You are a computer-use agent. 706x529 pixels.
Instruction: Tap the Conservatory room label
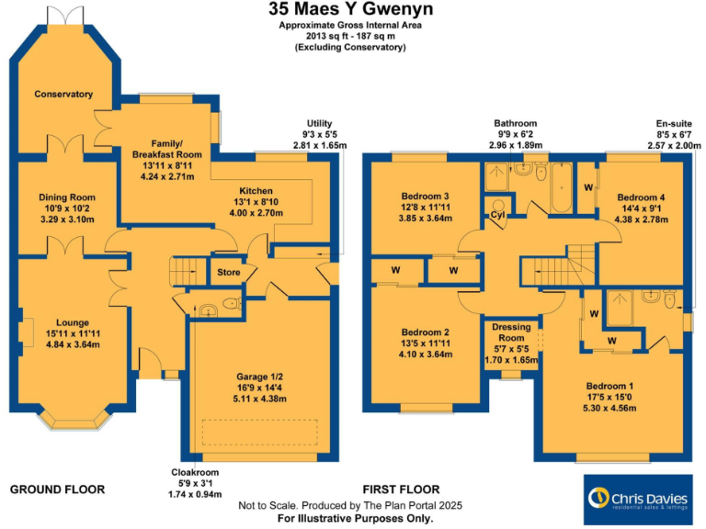[63, 95]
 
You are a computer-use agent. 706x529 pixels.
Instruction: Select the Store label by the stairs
[227, 273]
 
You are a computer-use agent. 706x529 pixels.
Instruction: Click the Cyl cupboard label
[499, 215]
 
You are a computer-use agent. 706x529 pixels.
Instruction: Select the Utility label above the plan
[319, 123]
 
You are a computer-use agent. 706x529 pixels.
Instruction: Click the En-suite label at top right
[668, 123]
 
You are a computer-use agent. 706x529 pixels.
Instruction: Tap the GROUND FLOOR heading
[57, 490]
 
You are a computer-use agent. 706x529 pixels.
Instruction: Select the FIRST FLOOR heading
[401, 490]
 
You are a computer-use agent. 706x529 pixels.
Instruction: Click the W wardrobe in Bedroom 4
[588, 189]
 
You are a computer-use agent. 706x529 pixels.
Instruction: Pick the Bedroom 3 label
[424, 196]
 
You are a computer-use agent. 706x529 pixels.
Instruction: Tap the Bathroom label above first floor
[515, 123]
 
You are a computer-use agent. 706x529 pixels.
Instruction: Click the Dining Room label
[66, 197]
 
